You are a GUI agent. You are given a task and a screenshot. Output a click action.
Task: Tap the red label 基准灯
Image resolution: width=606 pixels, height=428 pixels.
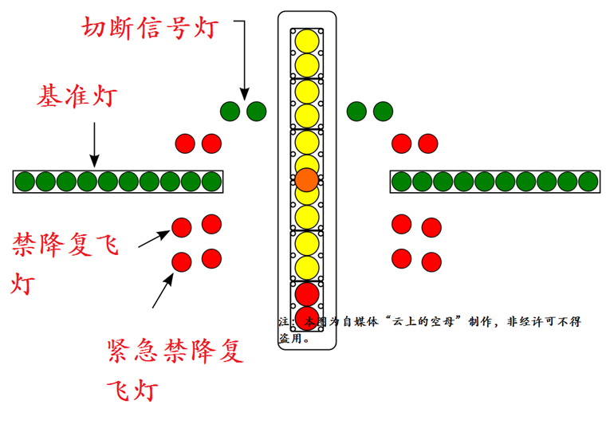pyautogui.click(x=77, y=99)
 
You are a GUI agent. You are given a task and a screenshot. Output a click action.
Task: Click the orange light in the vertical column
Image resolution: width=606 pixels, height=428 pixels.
pyautogui.click(x=307, y=179)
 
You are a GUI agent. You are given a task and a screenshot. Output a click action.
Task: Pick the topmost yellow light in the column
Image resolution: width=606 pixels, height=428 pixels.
pyautogui.click(x=307, y=40)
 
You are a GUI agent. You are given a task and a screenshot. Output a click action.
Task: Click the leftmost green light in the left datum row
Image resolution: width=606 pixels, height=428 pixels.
pyautogui.click(x=25, y=182)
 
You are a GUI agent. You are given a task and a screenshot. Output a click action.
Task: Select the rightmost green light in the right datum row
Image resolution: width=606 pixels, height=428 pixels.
pyautogui.click(x=588, y=182)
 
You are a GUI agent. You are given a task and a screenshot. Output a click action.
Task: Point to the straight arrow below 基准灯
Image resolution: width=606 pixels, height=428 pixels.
pyautogui.click(x=94, y=143)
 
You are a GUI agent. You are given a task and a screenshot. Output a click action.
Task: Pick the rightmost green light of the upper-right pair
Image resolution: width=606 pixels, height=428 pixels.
pyautogui.click(x=383, y=111)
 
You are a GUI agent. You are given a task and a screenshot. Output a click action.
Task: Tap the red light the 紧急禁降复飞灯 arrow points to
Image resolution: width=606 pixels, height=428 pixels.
pyautogui.click(x=182, y=261)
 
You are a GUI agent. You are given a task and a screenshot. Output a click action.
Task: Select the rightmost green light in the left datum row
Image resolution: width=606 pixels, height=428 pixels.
pyautogui.click(x=211, y=182)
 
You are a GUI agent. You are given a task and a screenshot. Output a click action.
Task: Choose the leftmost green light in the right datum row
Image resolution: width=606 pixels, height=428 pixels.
pyautogui.click(x=401, y=182)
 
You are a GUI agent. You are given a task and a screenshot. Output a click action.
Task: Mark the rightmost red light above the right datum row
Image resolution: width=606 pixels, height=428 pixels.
pyautogui.click(x=427, y=143)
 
